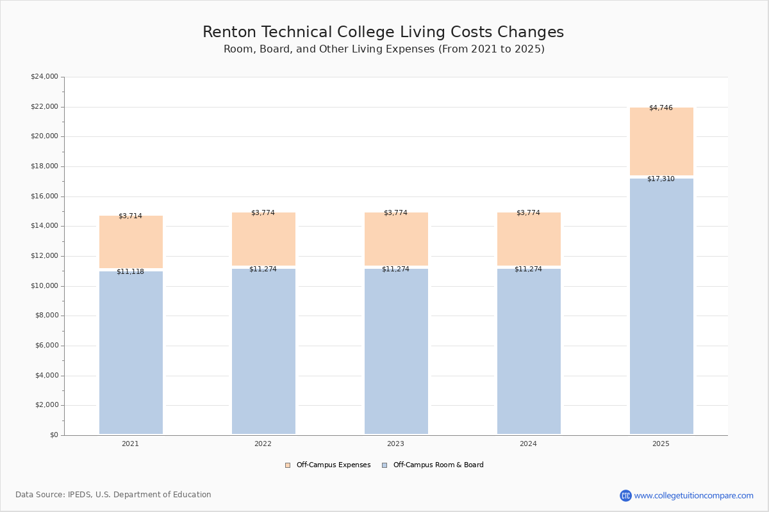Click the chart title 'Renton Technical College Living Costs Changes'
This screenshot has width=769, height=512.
(x=383, y=33)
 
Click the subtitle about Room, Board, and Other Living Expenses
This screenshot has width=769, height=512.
(x=384, y=49)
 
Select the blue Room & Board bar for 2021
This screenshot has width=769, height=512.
(x=131, y=352)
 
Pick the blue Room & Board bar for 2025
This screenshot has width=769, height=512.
(x=661, y=307)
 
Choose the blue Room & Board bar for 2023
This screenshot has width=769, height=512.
(x=396, y=352)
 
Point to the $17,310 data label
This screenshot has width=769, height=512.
(x=661, y=179)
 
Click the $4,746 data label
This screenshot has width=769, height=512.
(x=661, y=108)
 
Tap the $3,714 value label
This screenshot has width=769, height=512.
(x=130, y=216)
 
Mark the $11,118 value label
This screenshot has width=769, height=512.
(x=130, y=272)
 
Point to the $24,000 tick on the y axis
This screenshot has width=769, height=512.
(x=44, y=77)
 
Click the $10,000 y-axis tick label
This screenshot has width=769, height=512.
(x=44, y=286)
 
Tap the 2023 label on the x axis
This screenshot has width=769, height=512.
(x=395, y=444)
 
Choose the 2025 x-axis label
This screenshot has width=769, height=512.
(x=661, y=444)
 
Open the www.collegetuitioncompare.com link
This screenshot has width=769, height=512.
(x=693, y=496)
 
